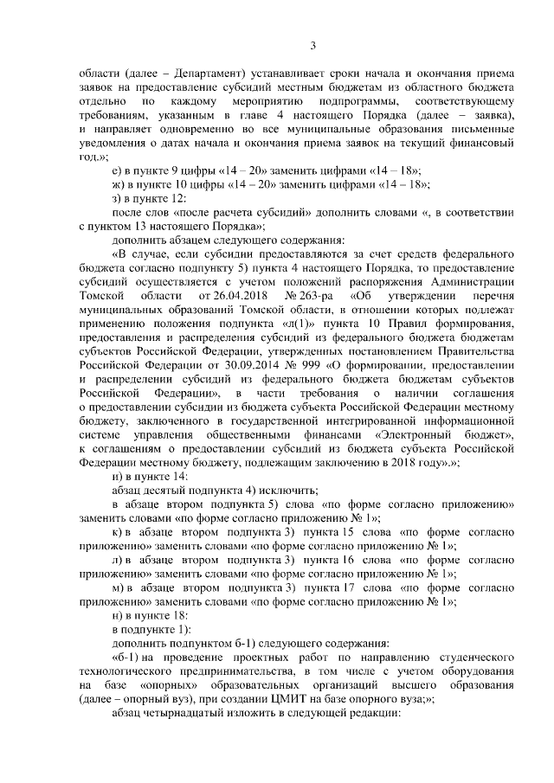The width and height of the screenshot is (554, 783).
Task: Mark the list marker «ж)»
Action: tap(119, 184)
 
